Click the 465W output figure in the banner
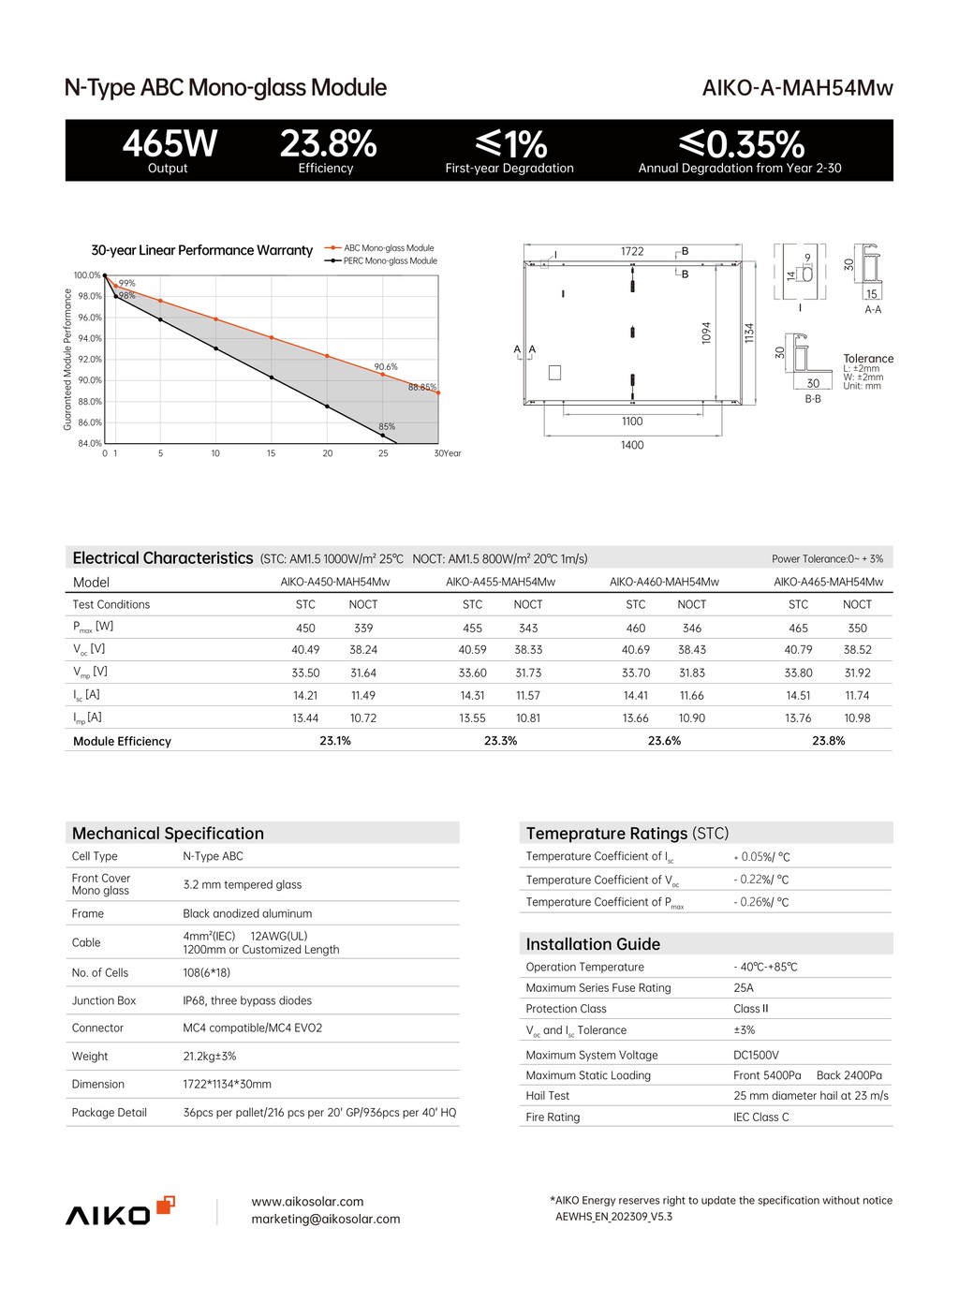(170, 144)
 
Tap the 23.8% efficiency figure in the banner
(328, 144)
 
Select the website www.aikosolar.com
(307, 1202)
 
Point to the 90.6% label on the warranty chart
(386, 367)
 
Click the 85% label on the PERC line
(387, 427)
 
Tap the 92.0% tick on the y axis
(89, 360)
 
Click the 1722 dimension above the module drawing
(632, 252)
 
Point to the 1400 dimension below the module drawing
(632, 445)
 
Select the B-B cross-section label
(813, 399)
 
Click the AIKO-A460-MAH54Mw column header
(664, 582)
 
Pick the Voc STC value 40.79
(798, 650)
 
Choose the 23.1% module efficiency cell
(335, 741)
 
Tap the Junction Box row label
(104, 1000)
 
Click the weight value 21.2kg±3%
(210, 1057)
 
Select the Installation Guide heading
(593, 944)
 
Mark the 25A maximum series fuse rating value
(744, 988)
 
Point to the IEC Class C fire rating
(760, 1117)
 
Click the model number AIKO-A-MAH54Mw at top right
(797, 88)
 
